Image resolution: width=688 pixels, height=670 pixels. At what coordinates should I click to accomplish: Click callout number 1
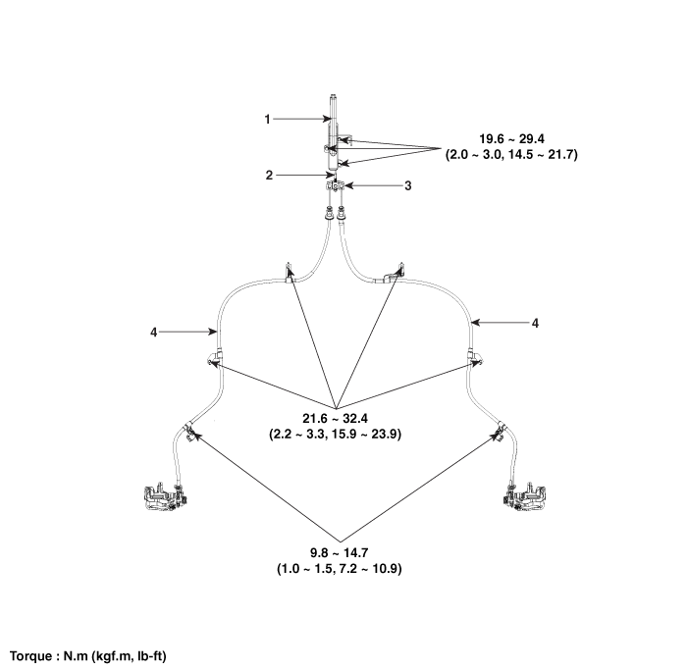[x=266, y=119]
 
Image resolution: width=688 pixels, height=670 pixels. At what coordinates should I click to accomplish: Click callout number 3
[x=381, y=184]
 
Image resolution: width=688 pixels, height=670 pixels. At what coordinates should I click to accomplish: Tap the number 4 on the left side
[x=153, y=333]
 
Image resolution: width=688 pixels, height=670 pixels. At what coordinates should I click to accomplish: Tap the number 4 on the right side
[x=534, y=322]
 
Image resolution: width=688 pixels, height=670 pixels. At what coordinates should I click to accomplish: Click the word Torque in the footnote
[x=32, y=654]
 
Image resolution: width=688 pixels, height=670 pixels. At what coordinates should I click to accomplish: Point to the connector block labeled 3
[x=334, y=185]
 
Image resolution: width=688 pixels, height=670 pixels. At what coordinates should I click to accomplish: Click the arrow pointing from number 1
[x=299, y=119]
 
